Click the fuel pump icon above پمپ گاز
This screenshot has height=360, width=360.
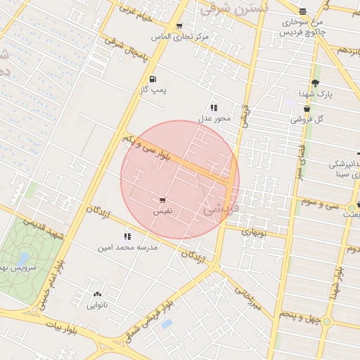153,79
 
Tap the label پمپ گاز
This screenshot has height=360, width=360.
153,91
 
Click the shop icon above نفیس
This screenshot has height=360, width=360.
163,200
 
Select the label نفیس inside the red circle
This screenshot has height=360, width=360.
162,211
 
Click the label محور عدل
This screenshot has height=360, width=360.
214,118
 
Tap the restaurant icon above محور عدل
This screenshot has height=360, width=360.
214,108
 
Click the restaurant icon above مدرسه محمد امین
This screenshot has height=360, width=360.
127,237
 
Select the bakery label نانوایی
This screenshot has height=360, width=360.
97,305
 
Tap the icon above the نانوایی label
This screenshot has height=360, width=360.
97,295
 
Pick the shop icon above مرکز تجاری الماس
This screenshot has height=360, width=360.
180,26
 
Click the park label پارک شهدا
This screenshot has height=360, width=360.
314,93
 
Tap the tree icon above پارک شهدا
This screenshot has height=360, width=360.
314,82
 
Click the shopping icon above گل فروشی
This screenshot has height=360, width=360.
307,109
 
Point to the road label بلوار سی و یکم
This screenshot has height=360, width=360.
147,150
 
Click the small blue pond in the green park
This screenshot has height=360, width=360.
24,258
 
